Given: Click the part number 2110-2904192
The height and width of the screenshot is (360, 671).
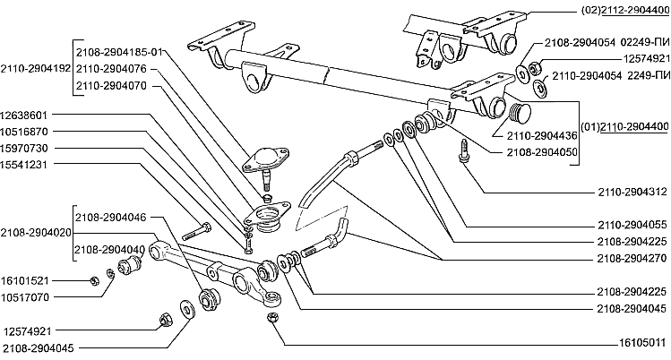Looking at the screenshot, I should coord(36,67).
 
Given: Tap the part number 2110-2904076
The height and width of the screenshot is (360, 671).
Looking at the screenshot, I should coord(111,67).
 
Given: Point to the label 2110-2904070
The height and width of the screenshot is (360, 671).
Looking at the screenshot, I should coord(111,85).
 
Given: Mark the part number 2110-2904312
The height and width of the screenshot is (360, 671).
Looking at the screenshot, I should coord(632,192).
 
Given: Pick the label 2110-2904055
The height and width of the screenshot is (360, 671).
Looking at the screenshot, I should coord(632,225).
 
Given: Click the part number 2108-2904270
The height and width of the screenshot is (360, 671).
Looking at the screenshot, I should coord(632,258).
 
